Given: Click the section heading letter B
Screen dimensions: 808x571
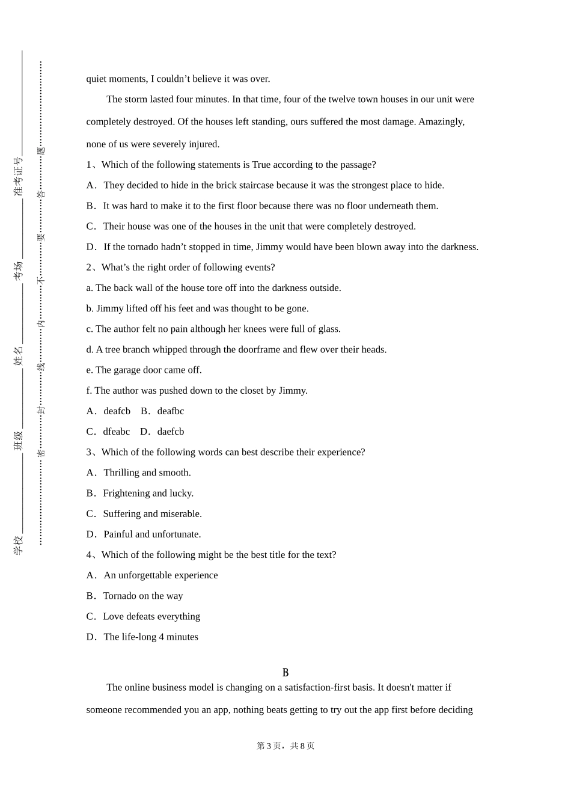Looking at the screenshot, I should tap(285, 673).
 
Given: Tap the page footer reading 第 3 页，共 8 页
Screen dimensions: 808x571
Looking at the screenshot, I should tap(285, 745).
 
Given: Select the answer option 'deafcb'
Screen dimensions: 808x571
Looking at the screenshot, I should tap(117, 411).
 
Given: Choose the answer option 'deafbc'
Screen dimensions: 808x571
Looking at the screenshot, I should tap(171, 411).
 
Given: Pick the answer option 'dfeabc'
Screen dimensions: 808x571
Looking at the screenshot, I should tap(116, 432).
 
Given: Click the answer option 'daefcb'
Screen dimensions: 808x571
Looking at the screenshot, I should tap(171, 432).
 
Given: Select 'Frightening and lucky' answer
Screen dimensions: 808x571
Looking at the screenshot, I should tap(148, 493).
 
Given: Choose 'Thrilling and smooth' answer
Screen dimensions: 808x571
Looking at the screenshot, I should tap(147, 473).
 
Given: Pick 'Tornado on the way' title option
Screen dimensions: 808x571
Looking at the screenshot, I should tap(143, 596).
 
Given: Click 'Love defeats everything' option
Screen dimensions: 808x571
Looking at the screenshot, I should tap(151, 616).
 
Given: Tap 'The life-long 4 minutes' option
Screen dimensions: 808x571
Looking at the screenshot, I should tap(151, 637).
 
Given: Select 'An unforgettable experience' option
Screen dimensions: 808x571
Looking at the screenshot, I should tap(160, 575).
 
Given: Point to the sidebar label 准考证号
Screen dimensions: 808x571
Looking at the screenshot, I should tap(19, 177).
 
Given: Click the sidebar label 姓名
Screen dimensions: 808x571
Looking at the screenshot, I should tap(19, 355).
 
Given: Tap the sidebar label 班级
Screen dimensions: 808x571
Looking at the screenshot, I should tap(19, 441).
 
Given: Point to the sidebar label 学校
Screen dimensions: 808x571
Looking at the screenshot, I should tap(19, 545).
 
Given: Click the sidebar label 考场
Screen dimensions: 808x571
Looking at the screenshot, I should tap(19, 269).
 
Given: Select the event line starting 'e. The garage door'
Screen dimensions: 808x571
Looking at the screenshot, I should tap(144, 370).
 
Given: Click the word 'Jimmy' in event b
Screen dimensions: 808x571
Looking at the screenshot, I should tap(110, 308).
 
